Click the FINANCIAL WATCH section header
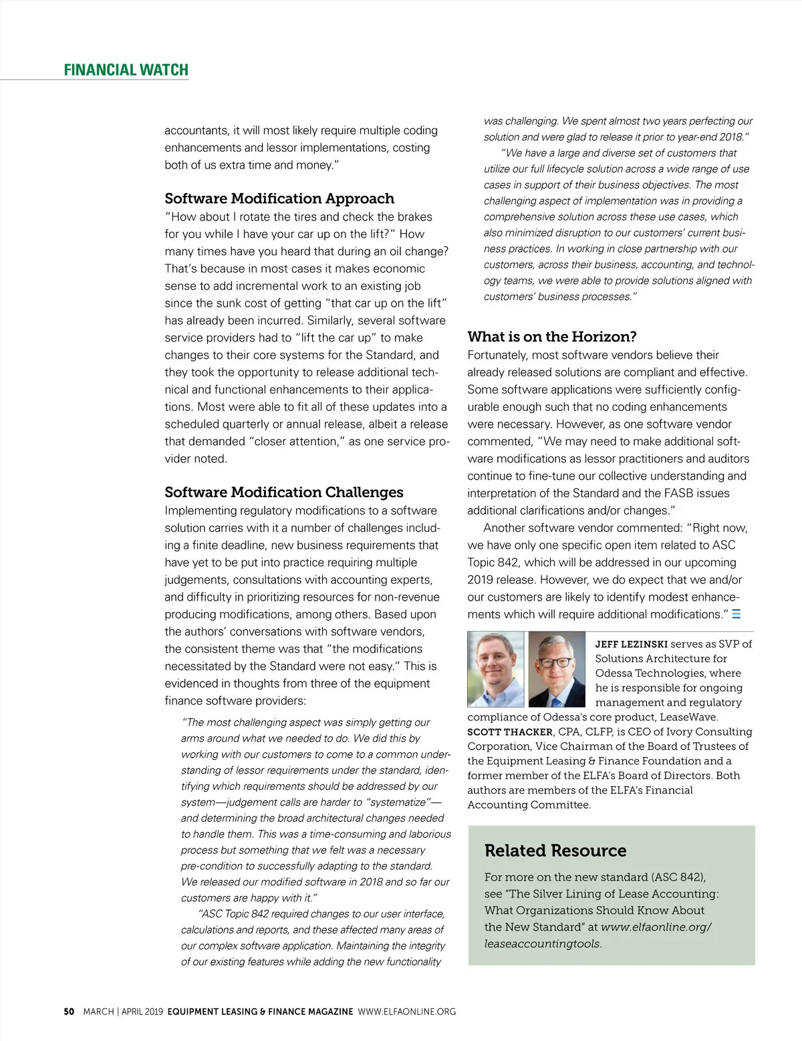click(x=126, y=70)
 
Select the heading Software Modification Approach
click(x=279, y=198)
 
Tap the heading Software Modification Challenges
click(x=284, y=492)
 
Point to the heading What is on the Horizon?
click(x=552, y=337)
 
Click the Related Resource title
click(x=555, y=851)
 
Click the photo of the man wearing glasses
click(x=556, y=670)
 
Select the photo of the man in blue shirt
click(x=495, y=670)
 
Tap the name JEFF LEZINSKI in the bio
click(x=631, y=644)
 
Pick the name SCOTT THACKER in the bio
click(x=510, y=732)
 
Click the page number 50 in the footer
click(x=69, y=1012)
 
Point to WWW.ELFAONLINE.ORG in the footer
click(x=407, y=1012)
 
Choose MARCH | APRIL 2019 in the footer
click(x=122, y=1012)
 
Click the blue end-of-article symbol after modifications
click(x=737, y=614)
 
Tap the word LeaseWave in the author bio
click(x=688, y=717)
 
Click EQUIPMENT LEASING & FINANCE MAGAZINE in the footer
click(x=260, y=1012)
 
